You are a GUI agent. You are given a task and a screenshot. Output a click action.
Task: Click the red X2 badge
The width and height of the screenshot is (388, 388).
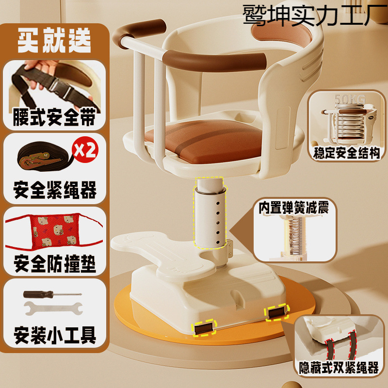click(85, 149)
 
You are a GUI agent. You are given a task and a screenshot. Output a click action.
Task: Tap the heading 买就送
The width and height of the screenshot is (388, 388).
click(54, 40)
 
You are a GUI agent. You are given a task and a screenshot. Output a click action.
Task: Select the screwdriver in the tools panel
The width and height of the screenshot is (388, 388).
click(52, 294)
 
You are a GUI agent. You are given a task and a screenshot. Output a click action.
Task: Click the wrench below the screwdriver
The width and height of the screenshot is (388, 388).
click(53, 308)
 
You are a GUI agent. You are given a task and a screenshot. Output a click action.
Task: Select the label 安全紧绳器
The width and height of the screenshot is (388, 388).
click(55, 190)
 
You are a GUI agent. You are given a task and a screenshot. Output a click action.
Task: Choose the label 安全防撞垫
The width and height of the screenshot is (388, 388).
click(55, 263)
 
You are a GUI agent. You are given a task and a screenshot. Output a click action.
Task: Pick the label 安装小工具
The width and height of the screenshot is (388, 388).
click(55, 335)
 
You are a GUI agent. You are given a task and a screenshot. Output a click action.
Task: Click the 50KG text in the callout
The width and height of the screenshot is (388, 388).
click(350, 99)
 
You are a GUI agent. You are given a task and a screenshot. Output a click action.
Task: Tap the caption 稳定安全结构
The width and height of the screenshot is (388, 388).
click(346, 153)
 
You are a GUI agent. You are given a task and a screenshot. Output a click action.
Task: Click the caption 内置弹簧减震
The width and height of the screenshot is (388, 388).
click(294, 208)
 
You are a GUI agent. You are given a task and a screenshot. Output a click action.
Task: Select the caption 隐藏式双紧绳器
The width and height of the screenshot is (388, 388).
click(339, 368)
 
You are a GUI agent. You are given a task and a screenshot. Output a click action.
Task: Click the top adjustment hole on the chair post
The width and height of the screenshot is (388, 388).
click(218, 203)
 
